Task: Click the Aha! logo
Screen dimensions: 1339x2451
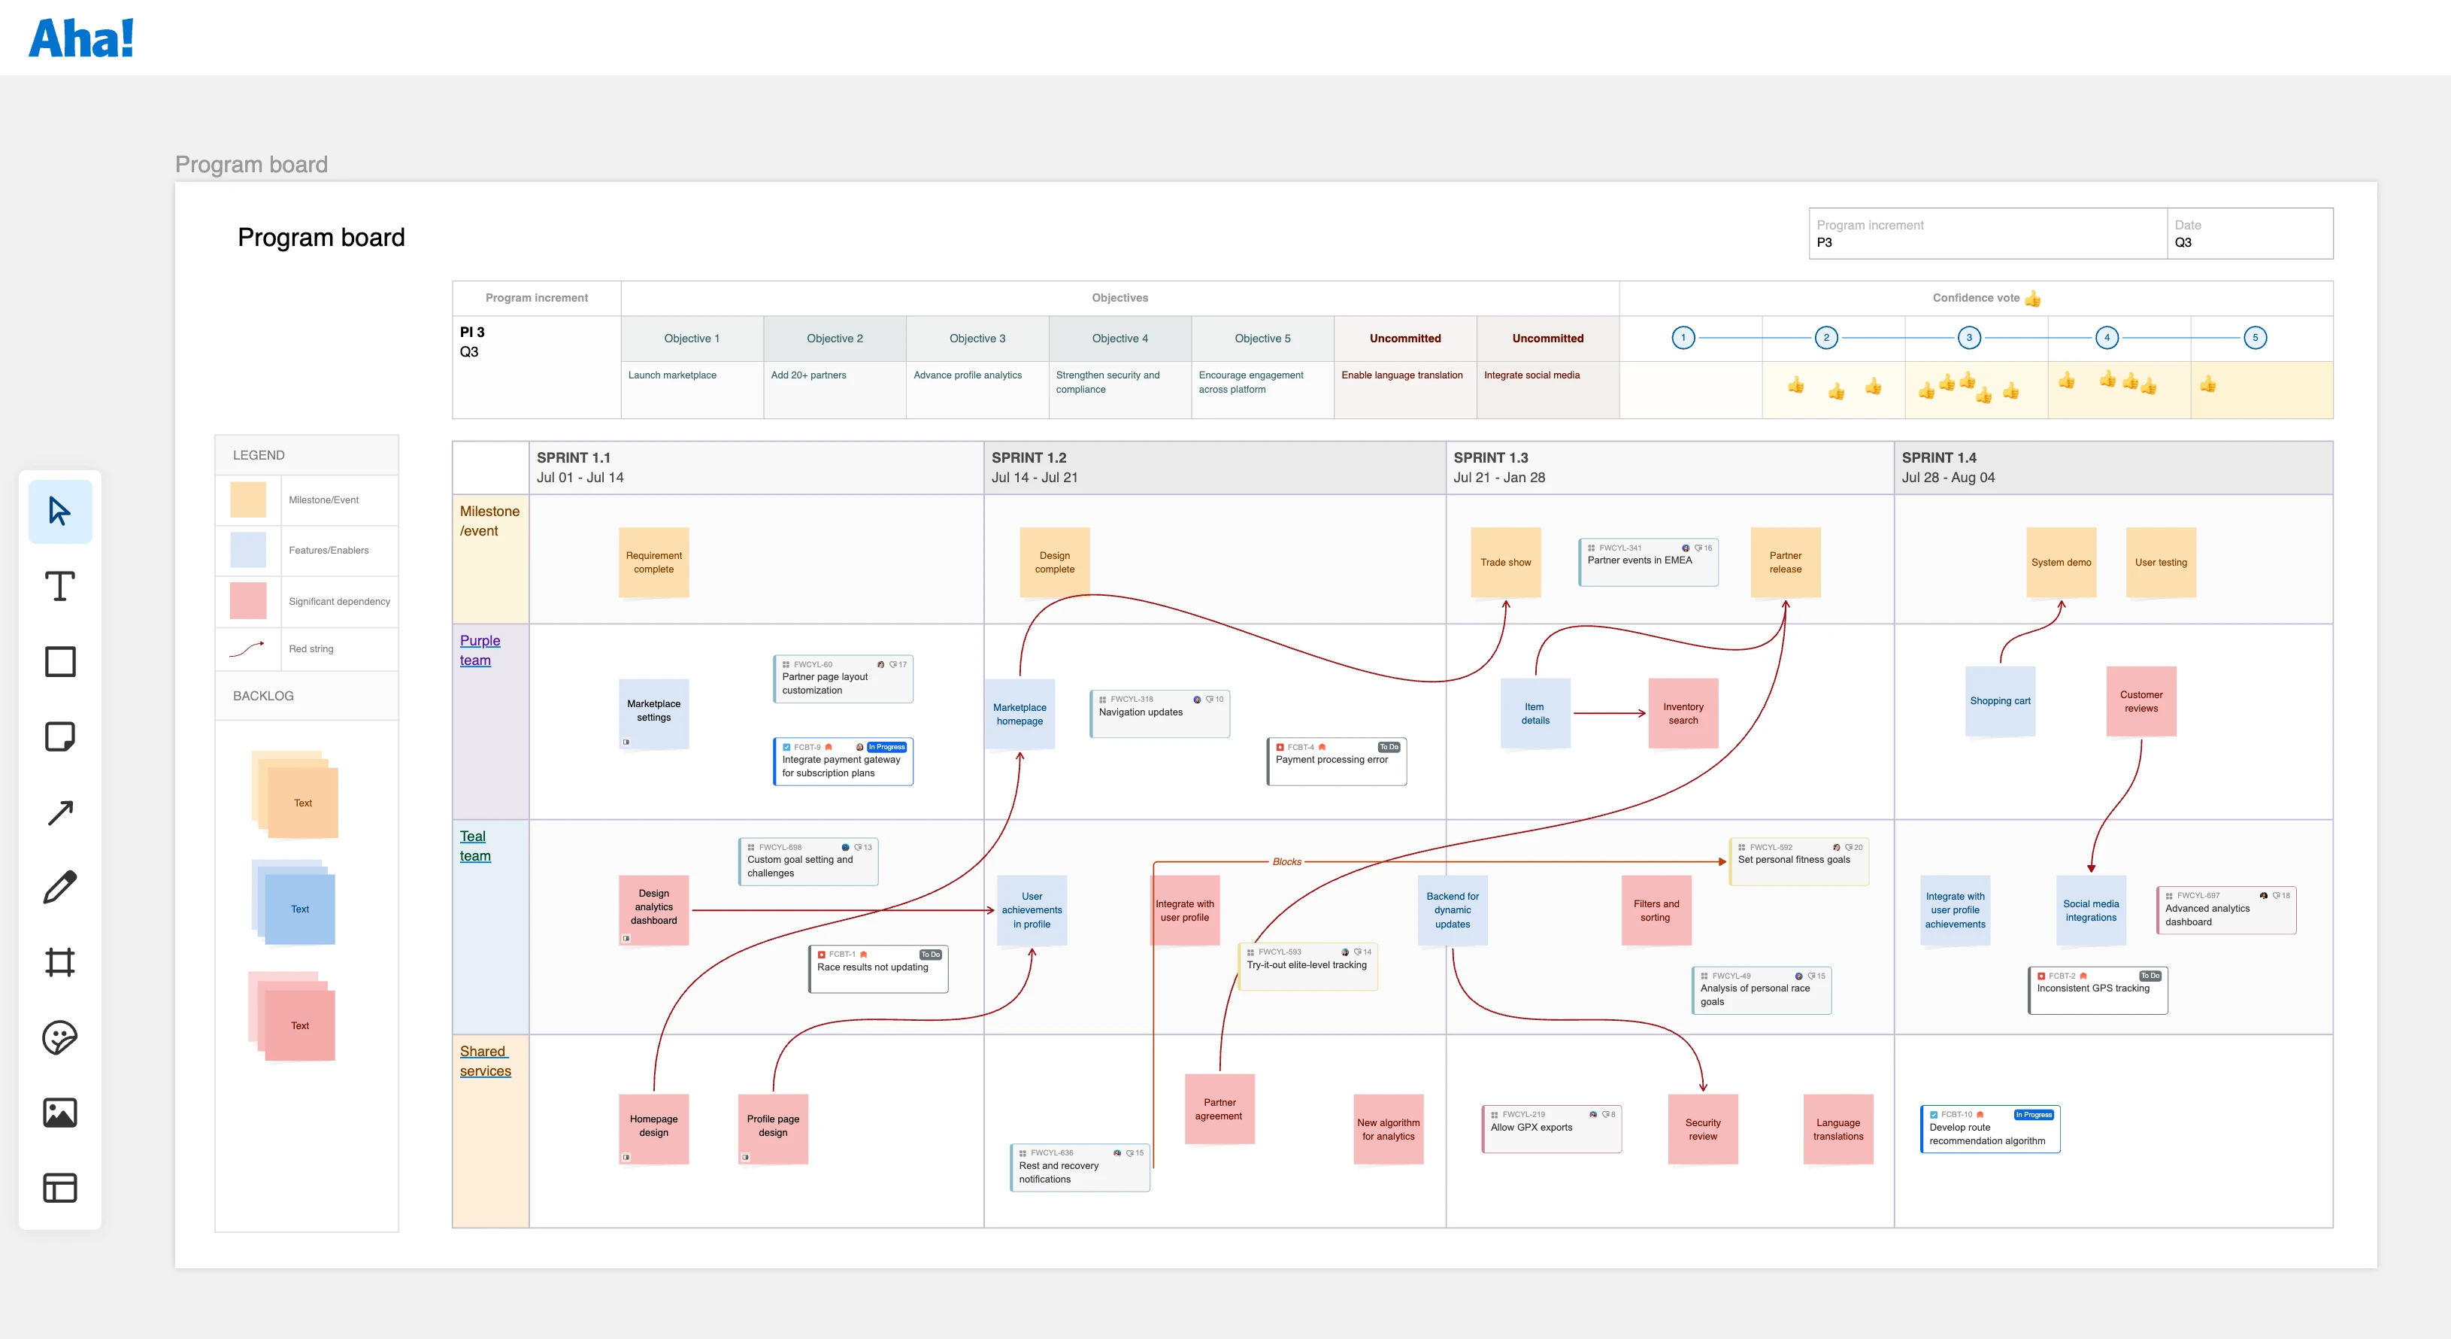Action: point(81,38)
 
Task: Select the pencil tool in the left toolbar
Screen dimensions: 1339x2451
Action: point(60,887)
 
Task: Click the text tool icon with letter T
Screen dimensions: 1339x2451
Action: point(60,586)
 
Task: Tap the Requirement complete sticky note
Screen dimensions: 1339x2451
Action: point(653,563)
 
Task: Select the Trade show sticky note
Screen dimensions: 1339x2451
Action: point(1505,563)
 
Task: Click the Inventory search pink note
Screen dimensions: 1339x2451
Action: point(1682,713)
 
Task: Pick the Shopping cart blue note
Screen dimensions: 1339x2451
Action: point(2000,701)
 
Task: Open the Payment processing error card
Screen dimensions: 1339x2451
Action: point(1336,761)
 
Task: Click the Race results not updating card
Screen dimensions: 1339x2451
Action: point(877,968)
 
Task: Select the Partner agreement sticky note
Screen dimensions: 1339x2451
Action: point(1219,1109)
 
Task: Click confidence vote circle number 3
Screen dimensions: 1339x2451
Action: point(1968,338)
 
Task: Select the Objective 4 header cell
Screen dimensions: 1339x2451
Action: point(1119,339)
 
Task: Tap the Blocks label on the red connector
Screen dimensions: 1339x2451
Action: point(1286,861)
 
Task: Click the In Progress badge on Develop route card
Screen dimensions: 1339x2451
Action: point(2033,1114)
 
